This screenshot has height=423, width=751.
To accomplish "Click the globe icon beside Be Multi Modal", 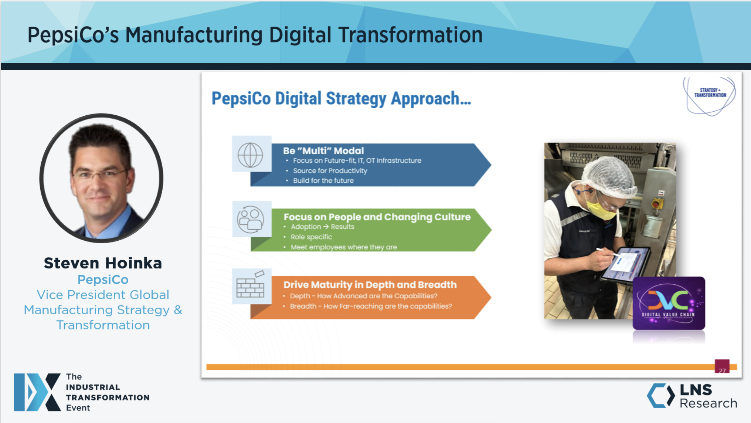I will pyautogui.click(x=251, y=155).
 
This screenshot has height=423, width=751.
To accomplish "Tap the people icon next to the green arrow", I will pyautogui.click(x=251, y=219).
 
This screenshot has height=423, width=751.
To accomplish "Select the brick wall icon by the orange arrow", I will pyautogui.click(x=250, y=285).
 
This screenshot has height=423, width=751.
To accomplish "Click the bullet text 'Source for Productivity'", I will pyautogui.click(x=330, y=171).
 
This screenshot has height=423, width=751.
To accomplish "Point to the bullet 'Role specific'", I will pyautogui.click(x=311, y=237).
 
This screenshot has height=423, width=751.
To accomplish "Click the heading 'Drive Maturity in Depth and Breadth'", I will pyautogui.click(x=370, y=285).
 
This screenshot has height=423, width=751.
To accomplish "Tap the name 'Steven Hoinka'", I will pyautogui.click(x=103, y=263).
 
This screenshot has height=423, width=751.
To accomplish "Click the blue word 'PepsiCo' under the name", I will pyautogui.click(x=103, y=280).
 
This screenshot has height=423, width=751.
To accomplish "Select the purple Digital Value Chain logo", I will pyautogui.click(x=669, y=303).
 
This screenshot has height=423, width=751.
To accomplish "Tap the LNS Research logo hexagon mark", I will pyautogui.click(x=661, y=396).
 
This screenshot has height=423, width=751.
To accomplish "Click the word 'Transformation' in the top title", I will pyautogui.click(x=410, y=35).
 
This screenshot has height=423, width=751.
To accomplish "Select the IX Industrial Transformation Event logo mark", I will pyautogui.click(x=37, y=392).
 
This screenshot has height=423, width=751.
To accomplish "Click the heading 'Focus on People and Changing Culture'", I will pyautogui.click(x=377, y=217).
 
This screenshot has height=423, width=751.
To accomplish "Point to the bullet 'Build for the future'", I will pyautogui.click(x=323, y=181).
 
